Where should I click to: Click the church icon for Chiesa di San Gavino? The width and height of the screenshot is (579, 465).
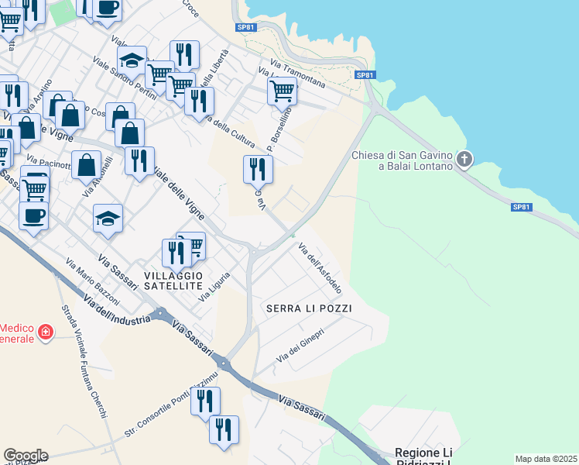click(464, 160)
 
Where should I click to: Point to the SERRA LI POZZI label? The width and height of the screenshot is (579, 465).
click(309, 308)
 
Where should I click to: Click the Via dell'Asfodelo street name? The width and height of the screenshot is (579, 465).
click(320, 268)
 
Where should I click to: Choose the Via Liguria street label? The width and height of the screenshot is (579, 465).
click(215, 285)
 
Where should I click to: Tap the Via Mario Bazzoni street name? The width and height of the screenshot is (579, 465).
click(93, 281)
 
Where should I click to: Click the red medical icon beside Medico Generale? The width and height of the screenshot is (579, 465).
click(46, 332)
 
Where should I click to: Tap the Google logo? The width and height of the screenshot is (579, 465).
click(26, 455)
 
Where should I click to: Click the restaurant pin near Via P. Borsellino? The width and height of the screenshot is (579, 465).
click(258, 168)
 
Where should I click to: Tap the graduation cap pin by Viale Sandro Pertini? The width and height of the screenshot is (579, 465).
click(132, 60)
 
